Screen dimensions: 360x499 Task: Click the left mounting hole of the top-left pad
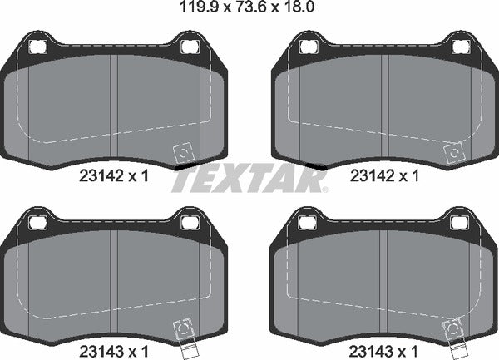37,45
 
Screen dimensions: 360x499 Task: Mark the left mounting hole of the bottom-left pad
37,221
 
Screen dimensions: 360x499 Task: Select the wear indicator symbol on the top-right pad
453,154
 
